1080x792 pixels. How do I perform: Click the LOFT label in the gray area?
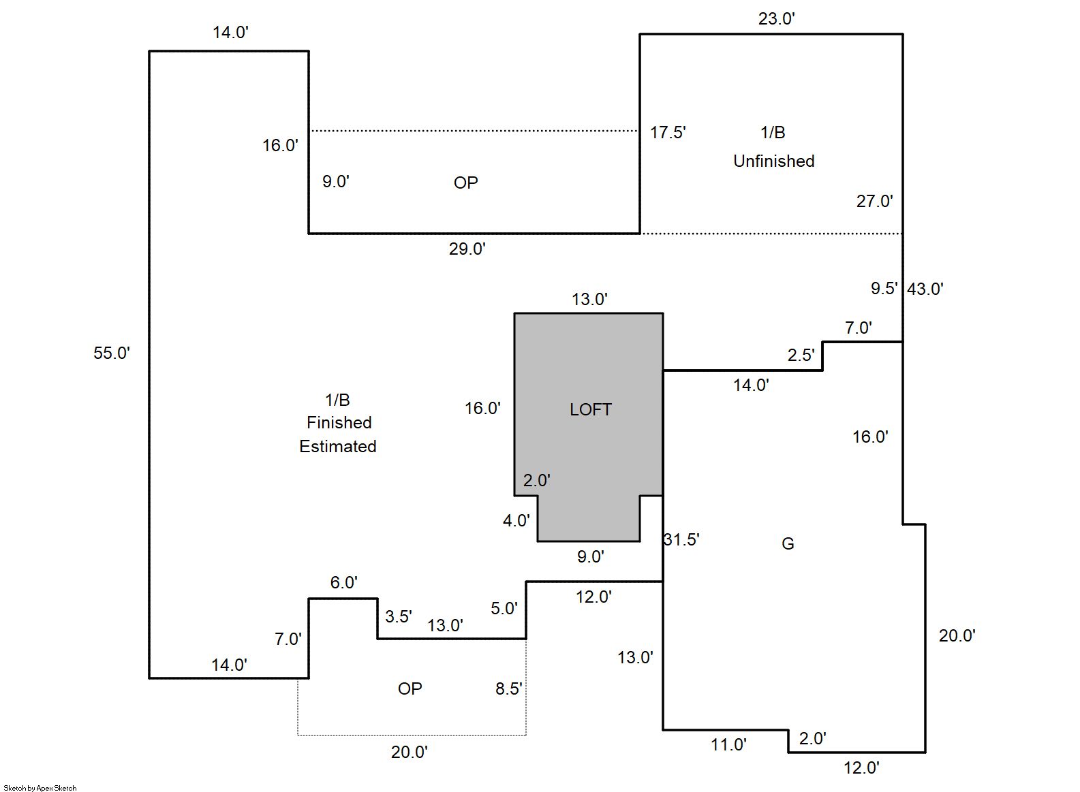(x=590, y=409)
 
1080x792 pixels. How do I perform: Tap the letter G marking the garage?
(x=788, y=543)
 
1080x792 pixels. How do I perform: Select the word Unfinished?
(x=773, y=161)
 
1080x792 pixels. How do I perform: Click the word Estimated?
(x=338, y=446)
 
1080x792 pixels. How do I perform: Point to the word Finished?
(x=339, y=422)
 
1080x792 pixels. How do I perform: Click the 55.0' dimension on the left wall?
(x=111, y=353)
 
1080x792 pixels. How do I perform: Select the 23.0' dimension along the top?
(x=776, y=18)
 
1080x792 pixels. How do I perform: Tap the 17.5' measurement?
(x=667, y=132)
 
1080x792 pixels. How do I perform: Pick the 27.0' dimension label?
(x=874, y=201)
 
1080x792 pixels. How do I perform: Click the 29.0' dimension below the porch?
(x=467, y=249)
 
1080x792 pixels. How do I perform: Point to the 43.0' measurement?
(x=925, y=289)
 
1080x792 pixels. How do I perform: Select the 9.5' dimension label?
(x=884, y=288)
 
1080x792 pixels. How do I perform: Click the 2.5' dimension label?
(x=801, y=355)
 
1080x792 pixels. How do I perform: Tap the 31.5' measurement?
(x=682, y=539)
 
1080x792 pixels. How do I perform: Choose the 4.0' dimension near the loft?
(x=516, y=520)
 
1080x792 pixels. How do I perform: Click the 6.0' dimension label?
(x=343, y=582)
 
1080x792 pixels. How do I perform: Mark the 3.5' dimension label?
(x=398, y=616)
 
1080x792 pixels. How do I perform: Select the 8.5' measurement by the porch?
(x=508, y=688)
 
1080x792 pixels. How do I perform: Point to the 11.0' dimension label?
(x=728, y=744)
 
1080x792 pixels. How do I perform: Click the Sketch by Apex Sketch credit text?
(x=40, y=788)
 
